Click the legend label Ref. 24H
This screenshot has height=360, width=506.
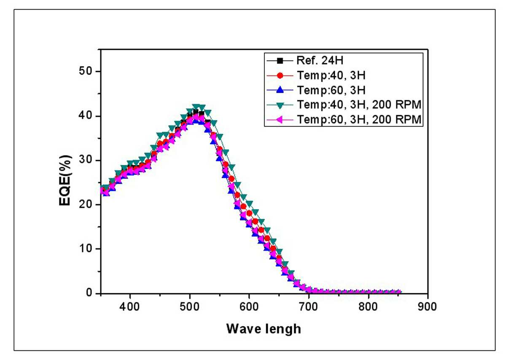320,61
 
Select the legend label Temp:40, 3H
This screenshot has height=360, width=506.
331,75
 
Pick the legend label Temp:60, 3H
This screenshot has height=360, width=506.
331,90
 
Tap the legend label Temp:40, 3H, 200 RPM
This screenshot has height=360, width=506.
359,105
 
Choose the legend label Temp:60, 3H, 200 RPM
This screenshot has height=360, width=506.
359,119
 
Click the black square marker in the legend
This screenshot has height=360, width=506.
280,61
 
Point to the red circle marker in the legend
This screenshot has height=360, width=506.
280,75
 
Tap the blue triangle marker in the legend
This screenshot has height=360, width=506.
280,90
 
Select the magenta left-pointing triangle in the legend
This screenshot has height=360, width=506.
280,119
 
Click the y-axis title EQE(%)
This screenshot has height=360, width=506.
65,180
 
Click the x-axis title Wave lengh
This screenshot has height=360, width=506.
264,329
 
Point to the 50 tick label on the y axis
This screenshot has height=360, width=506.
85,71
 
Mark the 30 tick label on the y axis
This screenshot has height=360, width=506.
85,160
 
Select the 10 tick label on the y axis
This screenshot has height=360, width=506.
85,248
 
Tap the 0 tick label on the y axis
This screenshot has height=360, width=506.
89,293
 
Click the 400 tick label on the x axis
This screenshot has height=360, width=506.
129,307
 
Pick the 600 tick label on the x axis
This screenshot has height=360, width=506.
249,307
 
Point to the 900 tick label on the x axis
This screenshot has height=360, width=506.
427,307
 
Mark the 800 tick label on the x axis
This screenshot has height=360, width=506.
368,307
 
